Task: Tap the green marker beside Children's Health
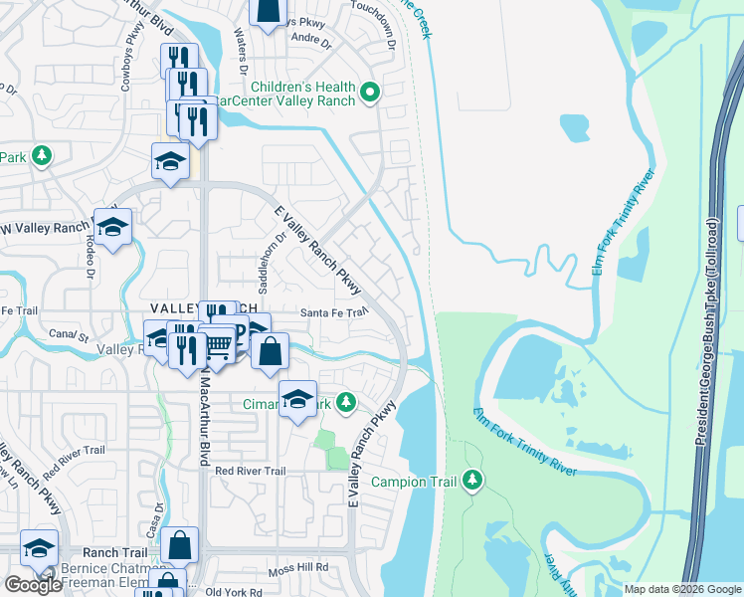370,94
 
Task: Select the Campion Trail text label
414,483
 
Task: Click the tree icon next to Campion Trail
472,482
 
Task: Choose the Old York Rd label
232,592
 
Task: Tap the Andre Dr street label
310,40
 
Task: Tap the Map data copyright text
681,589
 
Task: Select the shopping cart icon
221,346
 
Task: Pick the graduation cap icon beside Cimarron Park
297,400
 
